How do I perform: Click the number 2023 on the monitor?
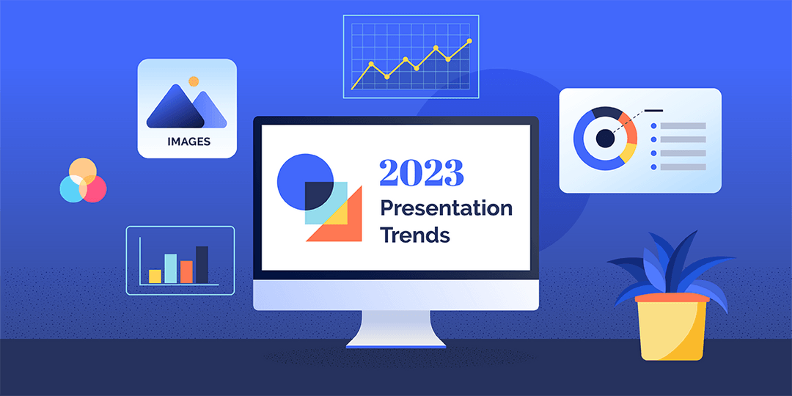pos(421,173)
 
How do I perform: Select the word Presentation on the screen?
pos(446,208)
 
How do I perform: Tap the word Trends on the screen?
pos(414,235)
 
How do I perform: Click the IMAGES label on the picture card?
pos(188,142)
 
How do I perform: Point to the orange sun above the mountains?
pos(194,81)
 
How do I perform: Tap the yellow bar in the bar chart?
pos(155,276)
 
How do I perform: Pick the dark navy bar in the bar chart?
pos(202,265)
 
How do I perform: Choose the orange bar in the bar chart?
pos(186,272)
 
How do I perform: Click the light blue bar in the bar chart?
pos(170,268)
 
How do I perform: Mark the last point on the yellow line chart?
pos(469,41)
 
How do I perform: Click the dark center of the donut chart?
pos(604,138)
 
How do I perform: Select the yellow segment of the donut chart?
pos(628,152)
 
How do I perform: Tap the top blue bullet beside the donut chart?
pos(653,126)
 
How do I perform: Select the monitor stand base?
pos(396,341)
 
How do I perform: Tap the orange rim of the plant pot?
pos(672,298)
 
